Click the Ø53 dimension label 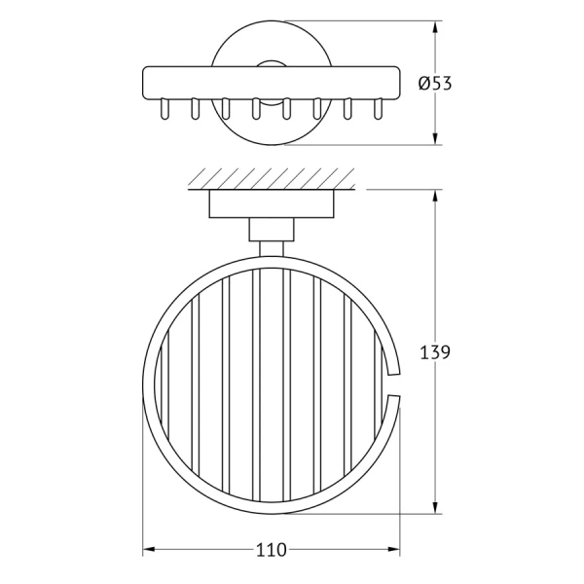click(x=435, y=83)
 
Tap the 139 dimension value click(x=435, y=352)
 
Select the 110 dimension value click(x=272, y=550)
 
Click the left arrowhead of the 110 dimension click(x=149, y=549)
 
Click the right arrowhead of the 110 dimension click(x=393, y=549)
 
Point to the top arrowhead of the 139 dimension click(x=435, y=196)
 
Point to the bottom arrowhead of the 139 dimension click(x=435, y=508)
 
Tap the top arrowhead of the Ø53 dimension click(x=435, y=27)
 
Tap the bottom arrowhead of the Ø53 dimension click(x=435, y=138)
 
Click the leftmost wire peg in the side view click(x=164, y=109)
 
